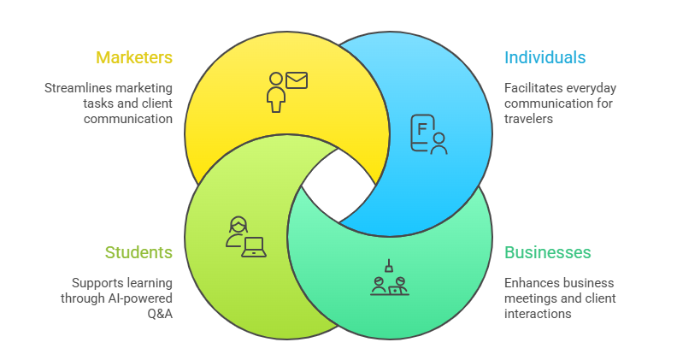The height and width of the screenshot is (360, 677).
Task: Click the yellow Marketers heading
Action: click(134, 58)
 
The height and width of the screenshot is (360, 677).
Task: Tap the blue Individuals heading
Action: click(545, 58)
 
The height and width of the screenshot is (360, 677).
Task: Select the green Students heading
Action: click(138, 252)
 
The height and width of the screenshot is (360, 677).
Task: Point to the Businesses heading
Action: click(547, 252)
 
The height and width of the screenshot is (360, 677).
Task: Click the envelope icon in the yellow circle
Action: click(297, 81)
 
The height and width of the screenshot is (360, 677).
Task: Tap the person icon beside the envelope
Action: click(275, 92)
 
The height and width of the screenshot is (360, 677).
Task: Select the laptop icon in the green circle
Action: click(254, 247)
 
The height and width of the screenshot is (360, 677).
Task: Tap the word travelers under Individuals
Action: click(528, 119)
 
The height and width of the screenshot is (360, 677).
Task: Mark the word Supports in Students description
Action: click(97, 282)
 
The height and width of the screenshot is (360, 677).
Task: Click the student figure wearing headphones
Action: click(237, 231)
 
